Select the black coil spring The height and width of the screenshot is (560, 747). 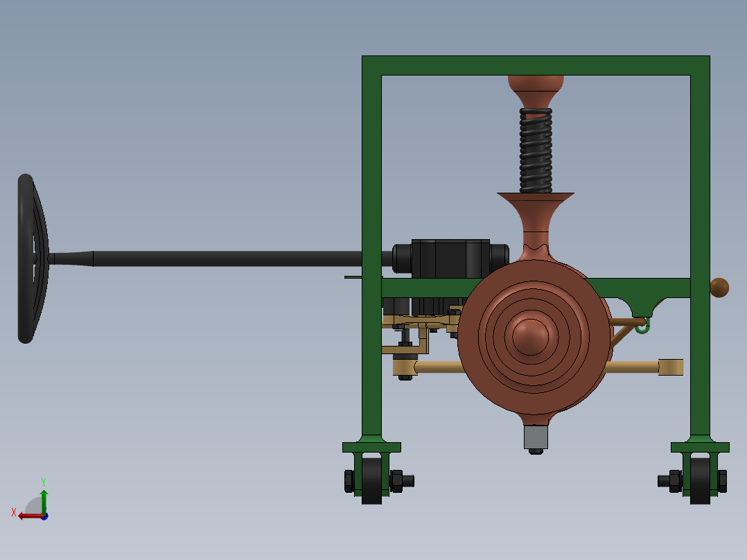(536, 150)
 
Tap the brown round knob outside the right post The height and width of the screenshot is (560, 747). (719, 288)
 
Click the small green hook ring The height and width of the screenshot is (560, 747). (642, 326)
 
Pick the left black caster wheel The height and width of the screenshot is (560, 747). (371, 480)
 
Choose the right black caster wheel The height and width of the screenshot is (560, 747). (700, 480)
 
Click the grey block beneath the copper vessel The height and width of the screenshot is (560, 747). (536, 437)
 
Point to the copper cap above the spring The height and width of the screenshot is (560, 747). (536, 89)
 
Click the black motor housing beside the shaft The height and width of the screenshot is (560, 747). (450, 258)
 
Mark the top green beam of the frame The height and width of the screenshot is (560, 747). (536, 65)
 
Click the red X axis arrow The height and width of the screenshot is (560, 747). (28, 515)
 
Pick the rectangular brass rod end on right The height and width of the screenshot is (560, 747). (671, 367)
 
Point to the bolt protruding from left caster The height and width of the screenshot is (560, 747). (409, 480)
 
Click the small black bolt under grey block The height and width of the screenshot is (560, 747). (536, 451)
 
